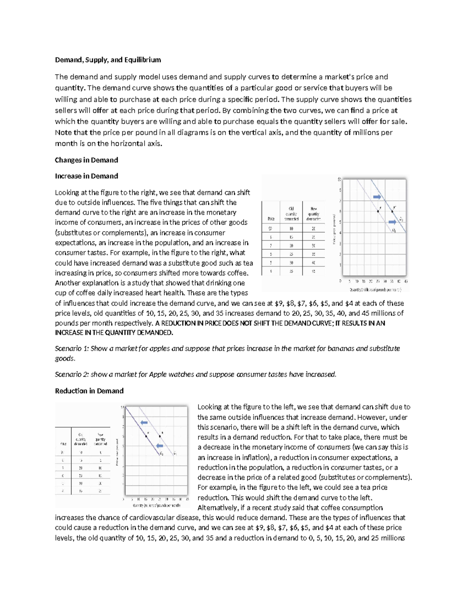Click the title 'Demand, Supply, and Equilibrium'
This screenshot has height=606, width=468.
click(x=108, y=60)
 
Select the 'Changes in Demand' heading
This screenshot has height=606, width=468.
click(x=86, y=160)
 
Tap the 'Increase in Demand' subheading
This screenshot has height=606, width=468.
click(x=86, y=176)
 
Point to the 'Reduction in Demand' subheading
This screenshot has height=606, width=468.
click(x=89, y=391)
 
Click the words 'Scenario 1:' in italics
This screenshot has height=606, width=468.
click(x=72, y=348)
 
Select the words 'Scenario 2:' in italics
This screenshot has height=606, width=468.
click(x=72, y=374)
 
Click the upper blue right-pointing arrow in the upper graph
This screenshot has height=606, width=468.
click(x=377, y=197)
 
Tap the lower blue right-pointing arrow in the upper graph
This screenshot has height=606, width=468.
click(x=392, y=222)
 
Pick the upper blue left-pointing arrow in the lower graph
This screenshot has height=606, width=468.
click(x=144, y=422)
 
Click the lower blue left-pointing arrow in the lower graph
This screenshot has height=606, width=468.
click(x=159, y=446)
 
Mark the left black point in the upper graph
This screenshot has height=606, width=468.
click(x=378, y=211)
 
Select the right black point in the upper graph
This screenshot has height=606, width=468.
click(x=392, y=211)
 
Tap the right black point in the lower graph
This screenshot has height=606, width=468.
click(x=160, y=436)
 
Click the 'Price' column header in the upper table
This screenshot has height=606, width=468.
click(x=271, y=219)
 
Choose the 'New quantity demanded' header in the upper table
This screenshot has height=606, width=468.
click(x=313, y=213)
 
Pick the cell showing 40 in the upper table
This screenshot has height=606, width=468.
click(x=313, y=263)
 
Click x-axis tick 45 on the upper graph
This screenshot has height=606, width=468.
click(x=406, y=281)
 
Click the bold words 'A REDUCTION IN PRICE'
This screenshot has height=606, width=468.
click(x=188, y=323)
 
